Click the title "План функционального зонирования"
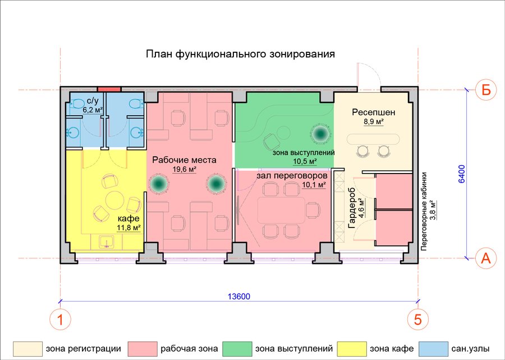point(240,54)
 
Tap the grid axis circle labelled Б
point(486,90)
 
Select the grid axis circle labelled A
point(486,258)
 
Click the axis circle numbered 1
point(60,320)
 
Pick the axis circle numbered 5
point(418,320)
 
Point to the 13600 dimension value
point(239,296)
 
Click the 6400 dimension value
point(462,174)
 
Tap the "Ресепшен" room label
point(374,112)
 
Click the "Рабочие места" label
point(184,160)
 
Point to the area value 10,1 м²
point(314,185)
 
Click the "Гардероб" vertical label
point(352,208)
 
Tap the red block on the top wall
point(109,89)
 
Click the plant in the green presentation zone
point(320,133)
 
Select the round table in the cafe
point(114,200)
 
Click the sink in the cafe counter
point(106,242)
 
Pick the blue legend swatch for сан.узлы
point(433,349)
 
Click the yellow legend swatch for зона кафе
point(352,349)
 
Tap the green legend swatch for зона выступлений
point(237,349)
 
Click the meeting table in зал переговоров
point(281,211)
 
